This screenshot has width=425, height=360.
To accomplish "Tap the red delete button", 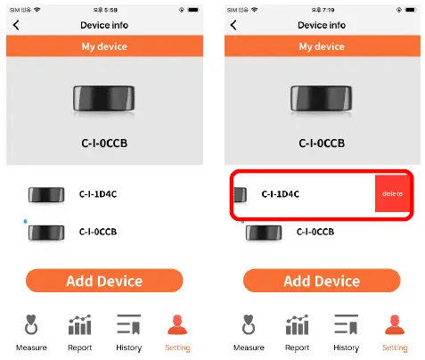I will [392, 193].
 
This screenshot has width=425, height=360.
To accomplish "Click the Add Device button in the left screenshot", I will [104, 281].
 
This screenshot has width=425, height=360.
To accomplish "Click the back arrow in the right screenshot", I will [233, 25].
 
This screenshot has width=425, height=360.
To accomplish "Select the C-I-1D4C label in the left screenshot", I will [97, 193].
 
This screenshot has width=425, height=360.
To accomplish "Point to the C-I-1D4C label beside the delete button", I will [280, 193].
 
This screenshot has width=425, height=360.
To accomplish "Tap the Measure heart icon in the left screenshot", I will [31, 325].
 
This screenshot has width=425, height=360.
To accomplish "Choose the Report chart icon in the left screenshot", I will [79, 325].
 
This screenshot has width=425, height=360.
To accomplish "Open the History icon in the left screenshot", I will [128, 325].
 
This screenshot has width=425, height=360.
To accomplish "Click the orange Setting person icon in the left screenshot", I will [177, 325].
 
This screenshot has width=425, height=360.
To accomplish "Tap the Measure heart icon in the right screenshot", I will [249, 325].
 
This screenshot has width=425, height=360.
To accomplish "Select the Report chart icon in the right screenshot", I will [297, 325].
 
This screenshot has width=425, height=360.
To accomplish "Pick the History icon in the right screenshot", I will [346, 325].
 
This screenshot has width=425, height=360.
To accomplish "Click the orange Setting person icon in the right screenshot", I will [395, 325].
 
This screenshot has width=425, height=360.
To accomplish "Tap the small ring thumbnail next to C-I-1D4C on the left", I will [45, 194].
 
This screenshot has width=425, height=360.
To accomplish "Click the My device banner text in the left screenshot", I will [104, 46].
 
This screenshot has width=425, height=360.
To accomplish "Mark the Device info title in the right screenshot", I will [322, 25].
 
